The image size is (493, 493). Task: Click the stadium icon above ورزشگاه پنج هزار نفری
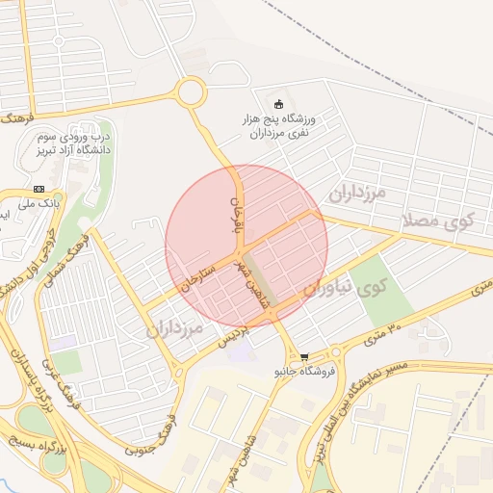(280, 105)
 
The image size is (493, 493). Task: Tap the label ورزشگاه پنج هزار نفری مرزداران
(281, 126)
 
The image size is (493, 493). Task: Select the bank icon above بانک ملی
(39, 189)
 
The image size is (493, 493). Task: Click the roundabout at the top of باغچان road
(190, 92)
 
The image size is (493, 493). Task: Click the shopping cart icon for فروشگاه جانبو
(304, 356)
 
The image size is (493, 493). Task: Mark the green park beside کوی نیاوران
(389, 289)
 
